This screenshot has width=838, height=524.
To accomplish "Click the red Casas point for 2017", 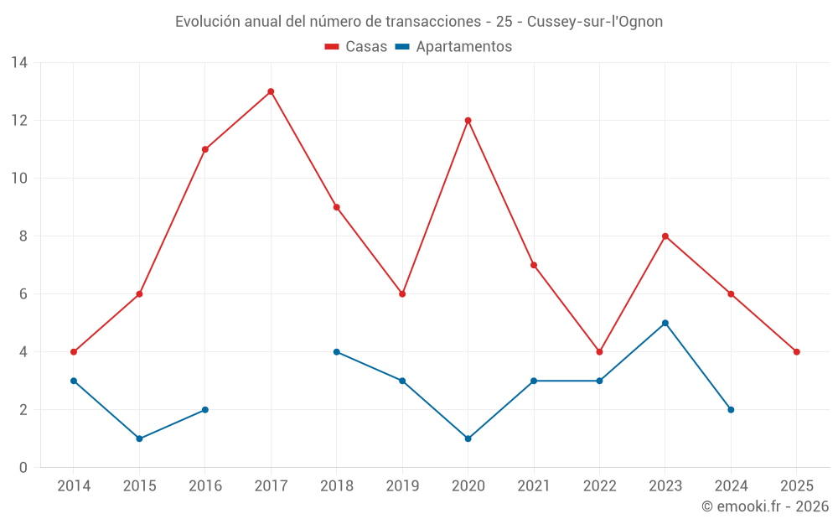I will [271, 91].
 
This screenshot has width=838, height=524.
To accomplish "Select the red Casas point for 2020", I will [468, 120].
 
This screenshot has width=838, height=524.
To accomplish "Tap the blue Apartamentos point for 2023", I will [665, 323].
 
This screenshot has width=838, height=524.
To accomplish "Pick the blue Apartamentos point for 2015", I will [139, 438].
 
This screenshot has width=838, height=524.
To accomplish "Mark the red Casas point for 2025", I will [796, 351].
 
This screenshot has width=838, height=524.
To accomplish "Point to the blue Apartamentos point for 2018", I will [336, 351].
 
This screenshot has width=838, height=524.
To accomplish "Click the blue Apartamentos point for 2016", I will [204, 409].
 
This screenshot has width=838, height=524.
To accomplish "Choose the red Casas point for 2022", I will [599, 351].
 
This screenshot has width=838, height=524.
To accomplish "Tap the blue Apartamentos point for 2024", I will [731, 409].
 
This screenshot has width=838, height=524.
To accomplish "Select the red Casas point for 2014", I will [74, 351].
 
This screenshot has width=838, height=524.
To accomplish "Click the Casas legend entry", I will [356, 47].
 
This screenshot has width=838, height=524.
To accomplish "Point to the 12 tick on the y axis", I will [19, 120].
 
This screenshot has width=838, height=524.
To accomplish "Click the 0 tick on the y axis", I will [23, 467].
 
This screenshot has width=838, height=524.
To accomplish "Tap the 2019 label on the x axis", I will [402, 485].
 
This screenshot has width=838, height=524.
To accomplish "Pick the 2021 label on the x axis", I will [533, 485].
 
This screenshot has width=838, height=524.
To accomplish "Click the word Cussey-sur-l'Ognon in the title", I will [594, 22].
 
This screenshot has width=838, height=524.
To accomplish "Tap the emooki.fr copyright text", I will [764, 506].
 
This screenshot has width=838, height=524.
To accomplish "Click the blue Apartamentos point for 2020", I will [468, 438].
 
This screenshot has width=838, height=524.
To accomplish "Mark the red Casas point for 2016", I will [204, 149].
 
